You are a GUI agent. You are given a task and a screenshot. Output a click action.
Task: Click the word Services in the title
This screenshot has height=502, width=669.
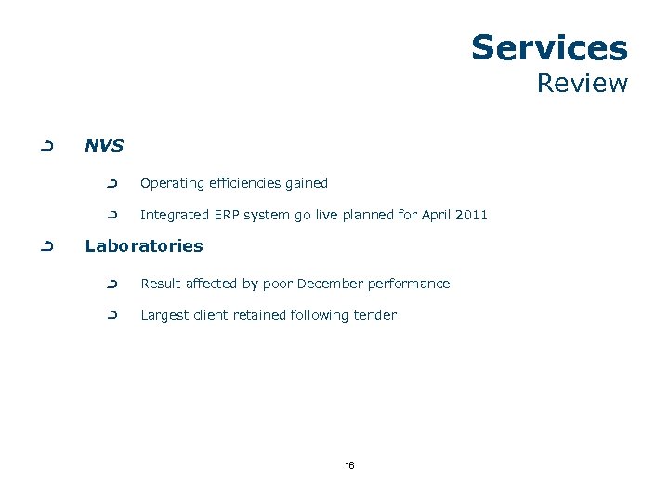[x=549, y=47]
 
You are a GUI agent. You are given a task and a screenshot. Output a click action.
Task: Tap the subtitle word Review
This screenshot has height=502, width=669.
[x=583, y=84]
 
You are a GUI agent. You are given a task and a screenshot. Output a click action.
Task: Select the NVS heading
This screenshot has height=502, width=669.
[x=104, y=146]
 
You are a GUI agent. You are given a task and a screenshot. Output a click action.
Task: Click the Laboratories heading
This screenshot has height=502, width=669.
[x=143, y=246]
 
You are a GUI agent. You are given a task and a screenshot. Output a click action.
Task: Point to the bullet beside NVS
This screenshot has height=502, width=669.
[x=46, y=146]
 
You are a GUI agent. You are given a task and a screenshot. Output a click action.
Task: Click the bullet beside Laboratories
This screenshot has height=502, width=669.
[x=46, y=246]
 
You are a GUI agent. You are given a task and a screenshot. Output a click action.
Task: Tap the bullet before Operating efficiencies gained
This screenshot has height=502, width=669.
[x=113, y=183]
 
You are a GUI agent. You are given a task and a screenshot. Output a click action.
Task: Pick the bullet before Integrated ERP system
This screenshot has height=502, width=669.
[x=113, y=215]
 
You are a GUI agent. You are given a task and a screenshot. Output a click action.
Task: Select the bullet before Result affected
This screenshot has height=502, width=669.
[x=113, y=284]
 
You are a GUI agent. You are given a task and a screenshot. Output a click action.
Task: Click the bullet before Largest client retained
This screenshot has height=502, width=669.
[x=113, y=315]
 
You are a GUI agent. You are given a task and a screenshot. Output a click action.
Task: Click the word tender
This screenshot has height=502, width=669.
[x=375, y=315]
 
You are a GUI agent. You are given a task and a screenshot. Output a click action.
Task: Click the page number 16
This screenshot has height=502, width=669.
[x=349, y=465]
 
